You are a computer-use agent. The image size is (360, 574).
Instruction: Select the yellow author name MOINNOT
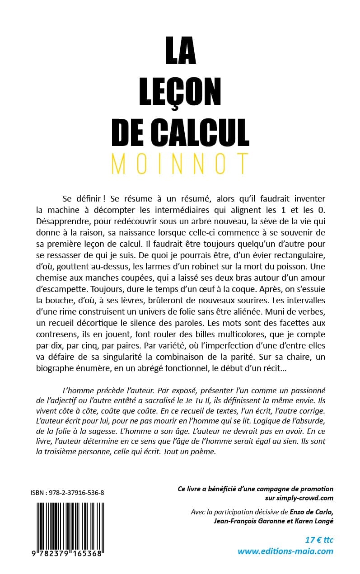180,164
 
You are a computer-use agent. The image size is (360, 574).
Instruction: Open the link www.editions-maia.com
285,551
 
